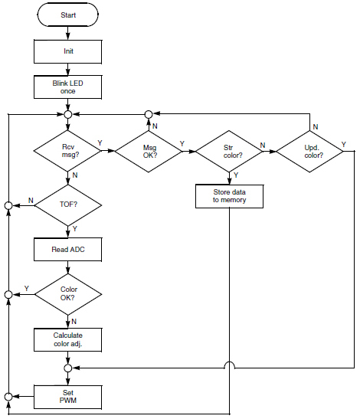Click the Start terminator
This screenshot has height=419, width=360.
tap(68, 15)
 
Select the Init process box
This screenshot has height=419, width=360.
tap(68, 51)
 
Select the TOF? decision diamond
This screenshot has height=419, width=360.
tap(68, 205)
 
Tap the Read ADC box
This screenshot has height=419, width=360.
tap(68, 249)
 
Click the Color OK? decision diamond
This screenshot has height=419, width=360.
tap(68, 294)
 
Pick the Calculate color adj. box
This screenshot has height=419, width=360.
tap(68, 339)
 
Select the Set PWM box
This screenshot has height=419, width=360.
tap(68, 396)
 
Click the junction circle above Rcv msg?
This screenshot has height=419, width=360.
tap(68, 115)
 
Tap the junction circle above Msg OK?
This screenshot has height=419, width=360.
tap(150, 115)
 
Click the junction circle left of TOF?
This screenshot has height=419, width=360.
tap(8, 205)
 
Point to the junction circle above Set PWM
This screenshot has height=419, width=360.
tap(68, 368)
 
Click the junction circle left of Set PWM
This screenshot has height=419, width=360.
tap(8, 396)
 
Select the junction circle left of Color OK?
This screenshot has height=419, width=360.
tap(8, 294)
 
